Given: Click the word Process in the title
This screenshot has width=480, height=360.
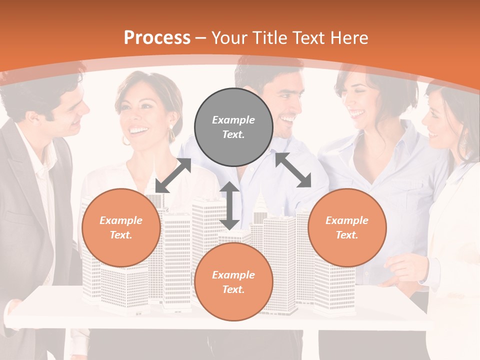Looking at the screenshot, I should click(157, 38).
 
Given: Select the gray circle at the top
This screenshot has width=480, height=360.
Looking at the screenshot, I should click(233, 127).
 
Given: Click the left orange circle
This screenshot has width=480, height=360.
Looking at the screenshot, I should click(121, 227).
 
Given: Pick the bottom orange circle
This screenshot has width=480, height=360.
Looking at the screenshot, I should click(233, 282).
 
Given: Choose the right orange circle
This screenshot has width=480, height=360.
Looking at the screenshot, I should click(347, 227).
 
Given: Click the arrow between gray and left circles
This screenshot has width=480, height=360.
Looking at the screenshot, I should click(173, 175).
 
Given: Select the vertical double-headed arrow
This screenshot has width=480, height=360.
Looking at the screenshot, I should click(229, 205).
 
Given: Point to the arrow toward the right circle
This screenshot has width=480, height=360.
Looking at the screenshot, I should click(293, 170).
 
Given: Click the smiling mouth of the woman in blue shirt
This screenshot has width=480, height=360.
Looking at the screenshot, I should click(357, 114).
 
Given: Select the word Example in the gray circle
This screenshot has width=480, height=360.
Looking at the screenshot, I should click(233, 120).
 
